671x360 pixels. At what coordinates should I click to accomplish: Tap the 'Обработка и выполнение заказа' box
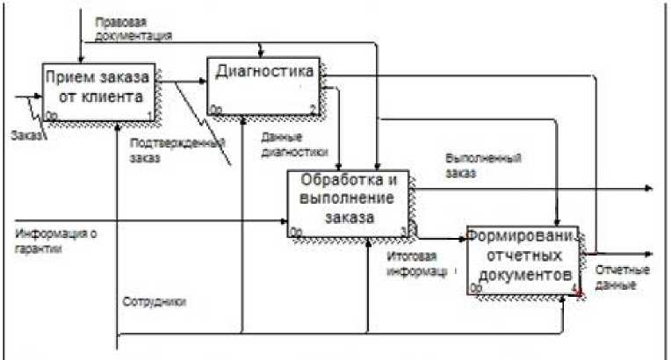(x=350, y=203)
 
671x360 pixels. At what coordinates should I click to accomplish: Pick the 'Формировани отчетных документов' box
(x=522, y=260)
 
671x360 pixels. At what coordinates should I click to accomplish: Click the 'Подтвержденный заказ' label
(x=177, y=150)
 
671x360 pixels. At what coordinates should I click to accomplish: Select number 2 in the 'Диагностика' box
(x=313, y=109)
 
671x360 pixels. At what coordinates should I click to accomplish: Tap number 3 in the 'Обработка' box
(x=404, y=231)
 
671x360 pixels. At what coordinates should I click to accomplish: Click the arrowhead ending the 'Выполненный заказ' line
(x=649, y=188)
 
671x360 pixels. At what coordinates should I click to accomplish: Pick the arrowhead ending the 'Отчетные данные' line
(x=649, y=253)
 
